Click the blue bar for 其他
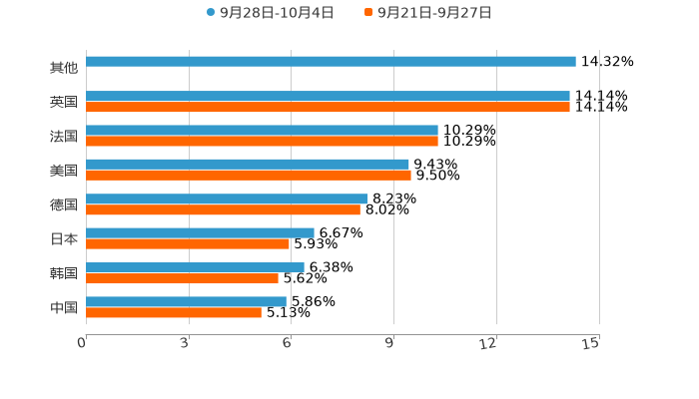pos(331,62)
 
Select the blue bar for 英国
pos(328,96)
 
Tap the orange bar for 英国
pos(328,107)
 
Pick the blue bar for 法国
pos(262,130)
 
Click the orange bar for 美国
pos(249,175)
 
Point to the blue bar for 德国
pos(227,199)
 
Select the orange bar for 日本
pos(188,243)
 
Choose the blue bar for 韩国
pos(195,267)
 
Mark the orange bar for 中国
pos(174,312)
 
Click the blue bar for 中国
pos(186,301)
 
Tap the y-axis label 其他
pos(64,68)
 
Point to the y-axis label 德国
pos(64,204)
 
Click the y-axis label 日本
pos(64,238)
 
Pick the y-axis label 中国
pos(64,307)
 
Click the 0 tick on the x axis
pos(83,343)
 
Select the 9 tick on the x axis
pos(390,343)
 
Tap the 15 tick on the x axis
pos(591,343)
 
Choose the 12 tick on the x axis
pos(489,343)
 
